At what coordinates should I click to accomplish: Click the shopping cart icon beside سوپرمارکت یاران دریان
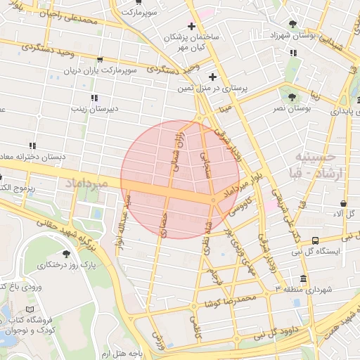coord(100,60)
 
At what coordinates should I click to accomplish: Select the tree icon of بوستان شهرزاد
coord(302,24)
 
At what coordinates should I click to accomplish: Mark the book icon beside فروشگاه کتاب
coord(29,309)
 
